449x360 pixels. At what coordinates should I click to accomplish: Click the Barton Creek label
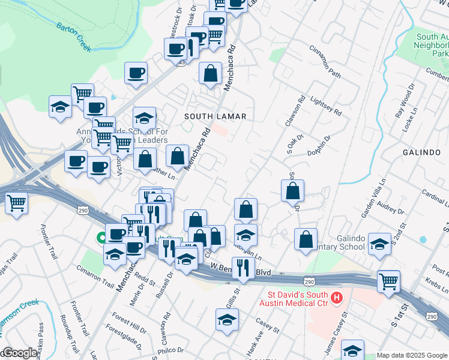pyautogui.click(x=73, y=36)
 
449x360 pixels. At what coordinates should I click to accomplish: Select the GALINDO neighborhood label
pyautogui.click(x=422, y=152)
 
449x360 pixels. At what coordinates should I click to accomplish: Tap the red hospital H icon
pyautogui.click(x=337, y=297)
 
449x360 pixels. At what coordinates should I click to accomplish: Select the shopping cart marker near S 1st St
pyautogui.click(x=389, y=280)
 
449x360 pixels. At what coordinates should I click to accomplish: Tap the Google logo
pyautogui.click(x=19, y=353)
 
